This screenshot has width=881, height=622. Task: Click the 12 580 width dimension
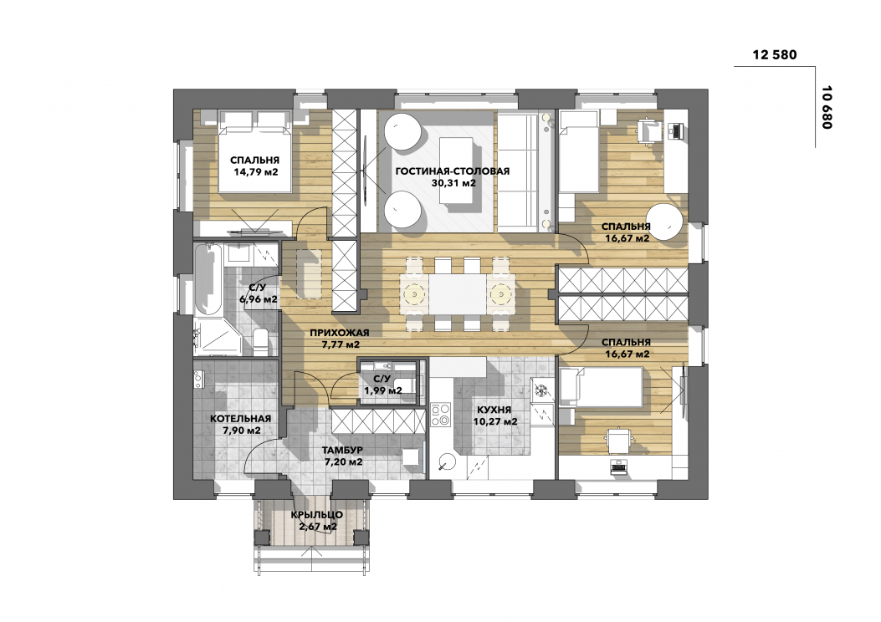tap(774, 54)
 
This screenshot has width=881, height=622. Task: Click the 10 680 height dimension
tap(826, 108)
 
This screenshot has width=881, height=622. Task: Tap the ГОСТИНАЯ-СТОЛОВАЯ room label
tap(453, 171)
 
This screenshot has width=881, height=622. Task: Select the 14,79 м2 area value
tap(256, 171)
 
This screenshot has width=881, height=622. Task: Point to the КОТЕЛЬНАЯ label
tap(240, 419)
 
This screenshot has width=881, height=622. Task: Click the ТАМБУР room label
tap(342, 451)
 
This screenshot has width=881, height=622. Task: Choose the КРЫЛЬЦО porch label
tap(317, 515)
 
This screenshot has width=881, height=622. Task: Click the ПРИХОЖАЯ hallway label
tap(340, 333)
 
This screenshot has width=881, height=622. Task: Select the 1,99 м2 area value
tap(382, 390)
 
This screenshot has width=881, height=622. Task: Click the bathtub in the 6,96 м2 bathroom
tap(207, 278)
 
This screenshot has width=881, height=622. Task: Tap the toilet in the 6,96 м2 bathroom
tap(261, 342)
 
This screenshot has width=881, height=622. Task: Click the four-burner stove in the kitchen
tap(440, 414)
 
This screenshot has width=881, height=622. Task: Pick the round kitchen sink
tap(448, 461)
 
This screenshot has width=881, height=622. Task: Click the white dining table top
tap(458, 295)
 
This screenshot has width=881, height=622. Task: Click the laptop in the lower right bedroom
tap(619, 466)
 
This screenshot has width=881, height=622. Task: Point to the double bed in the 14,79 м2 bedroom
tap(256, 151)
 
